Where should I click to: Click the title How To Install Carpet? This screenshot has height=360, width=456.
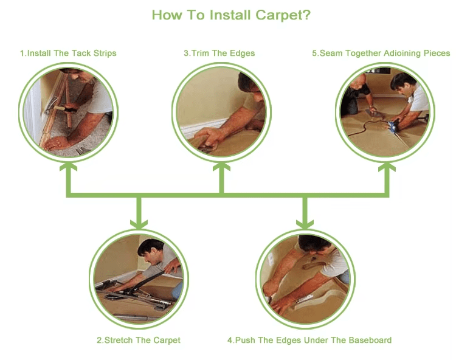[x=231, y=15]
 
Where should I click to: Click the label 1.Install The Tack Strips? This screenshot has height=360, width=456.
[x=68, y=54]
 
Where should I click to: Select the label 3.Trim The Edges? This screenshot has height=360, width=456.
[x=219, y=54]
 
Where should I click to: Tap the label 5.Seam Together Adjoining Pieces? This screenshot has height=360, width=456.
[x=381, y=54]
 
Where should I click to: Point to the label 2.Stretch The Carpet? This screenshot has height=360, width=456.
[x=139, y=340]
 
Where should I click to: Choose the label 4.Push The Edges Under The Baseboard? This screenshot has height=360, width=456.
[x=309, y=340]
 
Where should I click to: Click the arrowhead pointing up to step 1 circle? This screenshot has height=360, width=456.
[x=68, y=167]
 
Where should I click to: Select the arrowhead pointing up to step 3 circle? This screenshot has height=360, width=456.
[x=221, y=167]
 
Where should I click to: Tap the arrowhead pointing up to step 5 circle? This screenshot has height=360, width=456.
[x=387, y=167]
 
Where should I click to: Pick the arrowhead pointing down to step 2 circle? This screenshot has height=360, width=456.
[x=139, y=224]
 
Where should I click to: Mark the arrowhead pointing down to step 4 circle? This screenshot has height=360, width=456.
[x=305, y=224]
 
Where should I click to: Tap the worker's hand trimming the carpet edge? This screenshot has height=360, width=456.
[x=209, y=137]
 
